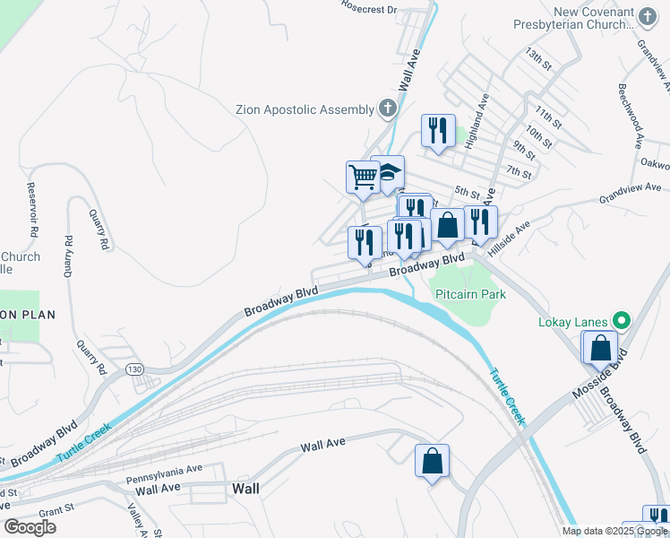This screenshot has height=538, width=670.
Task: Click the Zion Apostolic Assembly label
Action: pyautogui.click(x=305, y=109)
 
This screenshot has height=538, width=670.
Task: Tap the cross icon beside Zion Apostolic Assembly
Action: pyautogui.click(x=387, y=109)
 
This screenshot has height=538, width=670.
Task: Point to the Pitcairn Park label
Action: pyautogui.click(x=470, y=294)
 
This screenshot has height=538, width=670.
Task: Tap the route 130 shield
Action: pyautogui.click(x=134, y=369)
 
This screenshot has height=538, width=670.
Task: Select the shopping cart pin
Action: pyautogui.click(x=363, y=176)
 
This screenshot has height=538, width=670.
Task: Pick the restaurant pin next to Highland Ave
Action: pyautogui.click(x=438, y=130)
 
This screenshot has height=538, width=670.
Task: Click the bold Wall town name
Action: pyautogui.click(x=245, y=489)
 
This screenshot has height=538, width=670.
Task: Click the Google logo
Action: pyautogui.click(x=30, y=527)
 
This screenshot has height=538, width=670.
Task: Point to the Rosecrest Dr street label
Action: pyautogui.click(x=368, y=8)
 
